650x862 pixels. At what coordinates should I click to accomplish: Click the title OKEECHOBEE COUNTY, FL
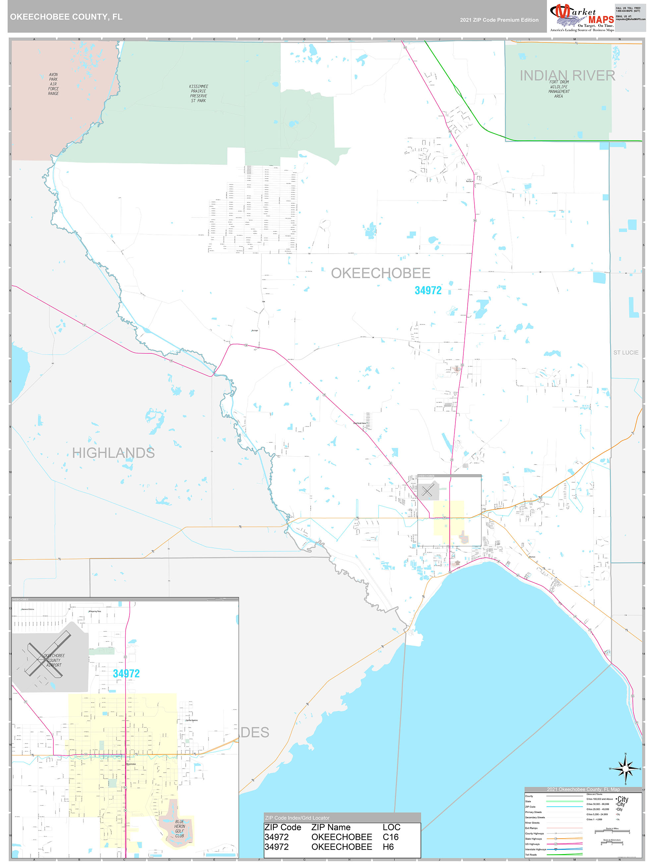(x=66, y=17)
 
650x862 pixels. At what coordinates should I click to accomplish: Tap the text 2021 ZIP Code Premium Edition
(x=499, y=20)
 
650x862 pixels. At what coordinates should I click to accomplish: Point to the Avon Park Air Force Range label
(x=53, y=84)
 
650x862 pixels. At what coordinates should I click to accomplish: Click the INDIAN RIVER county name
(x=567, y=75)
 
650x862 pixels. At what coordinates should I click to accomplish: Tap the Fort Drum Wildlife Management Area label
(x=559, y=89)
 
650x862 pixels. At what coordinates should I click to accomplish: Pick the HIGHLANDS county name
(x=113, y=453)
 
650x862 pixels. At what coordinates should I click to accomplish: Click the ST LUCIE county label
(x=626, y=352)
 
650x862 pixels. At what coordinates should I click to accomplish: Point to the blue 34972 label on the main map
(x=428, y=290)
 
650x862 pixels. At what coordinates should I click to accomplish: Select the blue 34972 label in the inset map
(x=126, y=673)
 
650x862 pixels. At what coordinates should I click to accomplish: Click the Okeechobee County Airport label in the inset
(x=54, y=660)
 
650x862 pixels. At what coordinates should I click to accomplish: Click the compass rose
(x=625, y=769)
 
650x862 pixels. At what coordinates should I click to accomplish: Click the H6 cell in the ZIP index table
(x=388, y=846)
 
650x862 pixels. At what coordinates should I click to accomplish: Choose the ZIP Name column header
(x=331, y=827)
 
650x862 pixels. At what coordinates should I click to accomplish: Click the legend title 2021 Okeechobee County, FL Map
(x=583, y=789)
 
